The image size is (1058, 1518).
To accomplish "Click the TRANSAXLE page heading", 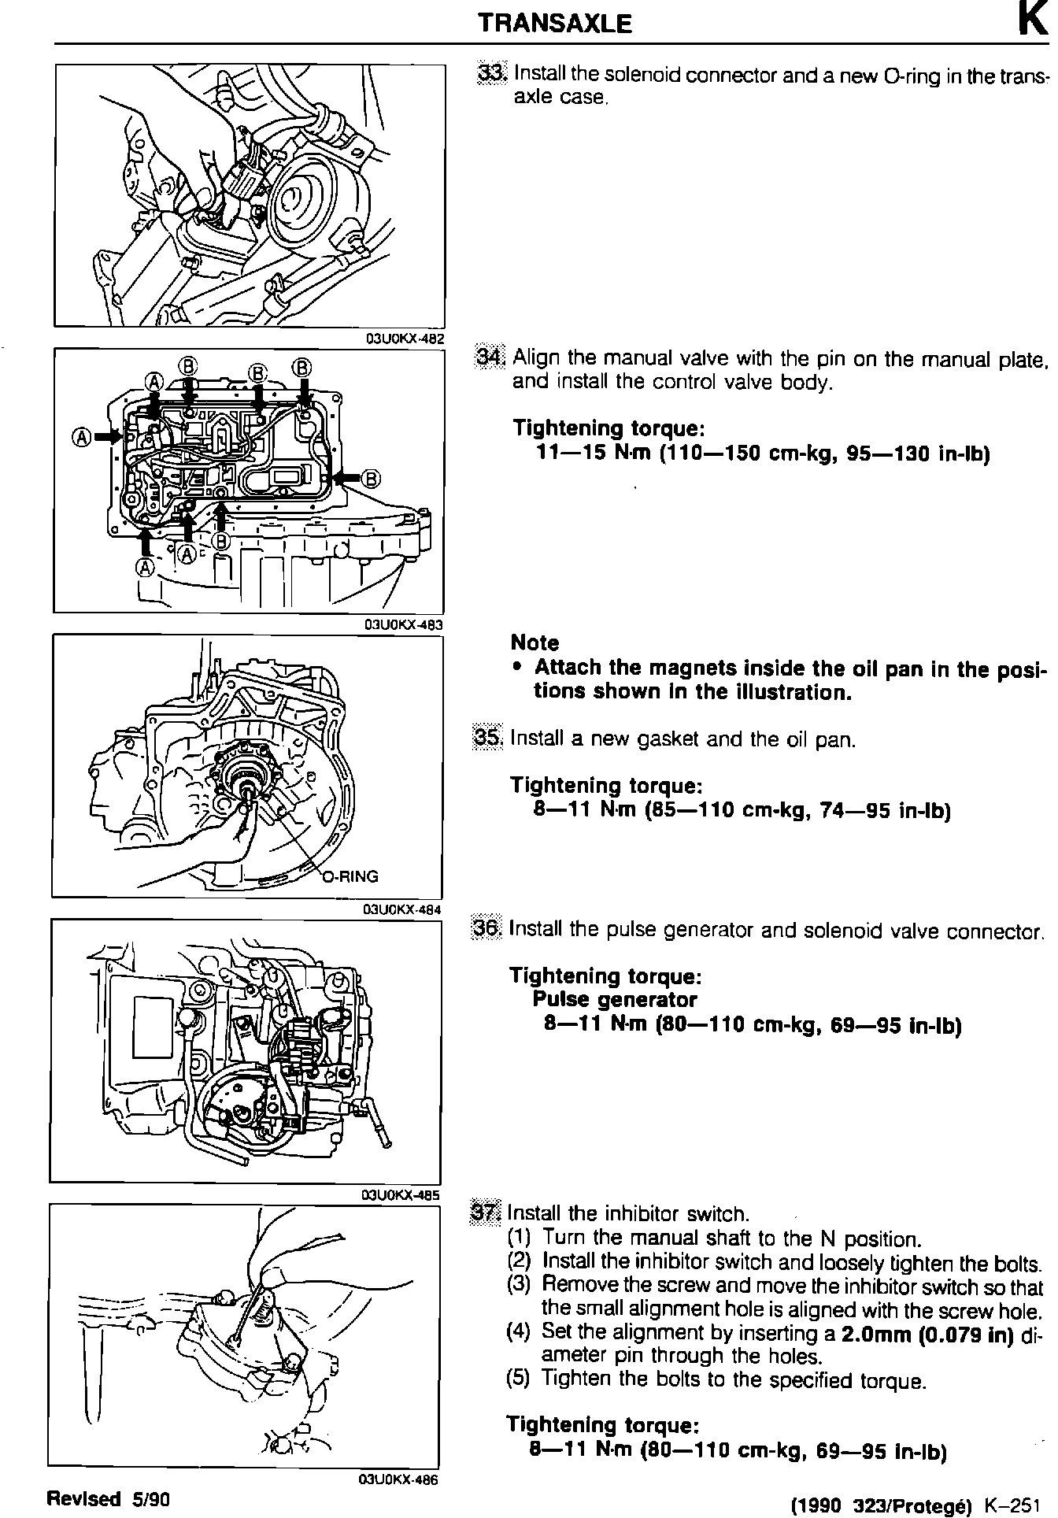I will click(x=555, y=24).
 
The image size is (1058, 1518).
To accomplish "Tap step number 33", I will click(x=494, y=73).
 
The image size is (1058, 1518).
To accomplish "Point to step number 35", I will click(x=487, y=738).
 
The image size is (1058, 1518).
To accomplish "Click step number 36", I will click(x=486, y=929).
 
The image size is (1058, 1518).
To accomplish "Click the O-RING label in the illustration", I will click(x=351, y=876).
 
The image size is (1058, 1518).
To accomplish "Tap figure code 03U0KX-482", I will click(x=404, y=339).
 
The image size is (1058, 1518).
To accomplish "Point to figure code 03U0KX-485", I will click(x=399, y=1195).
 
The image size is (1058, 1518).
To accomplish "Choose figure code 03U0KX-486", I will click(x=398, y=1480).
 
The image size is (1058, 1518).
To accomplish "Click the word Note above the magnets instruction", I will click(x=535, y=642).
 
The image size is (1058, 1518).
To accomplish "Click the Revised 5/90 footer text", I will click(x=109, y=1498).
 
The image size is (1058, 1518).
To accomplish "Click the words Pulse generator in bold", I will click(x=615, y=1000).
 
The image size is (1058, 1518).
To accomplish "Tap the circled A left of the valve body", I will click(x=80, y=436).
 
